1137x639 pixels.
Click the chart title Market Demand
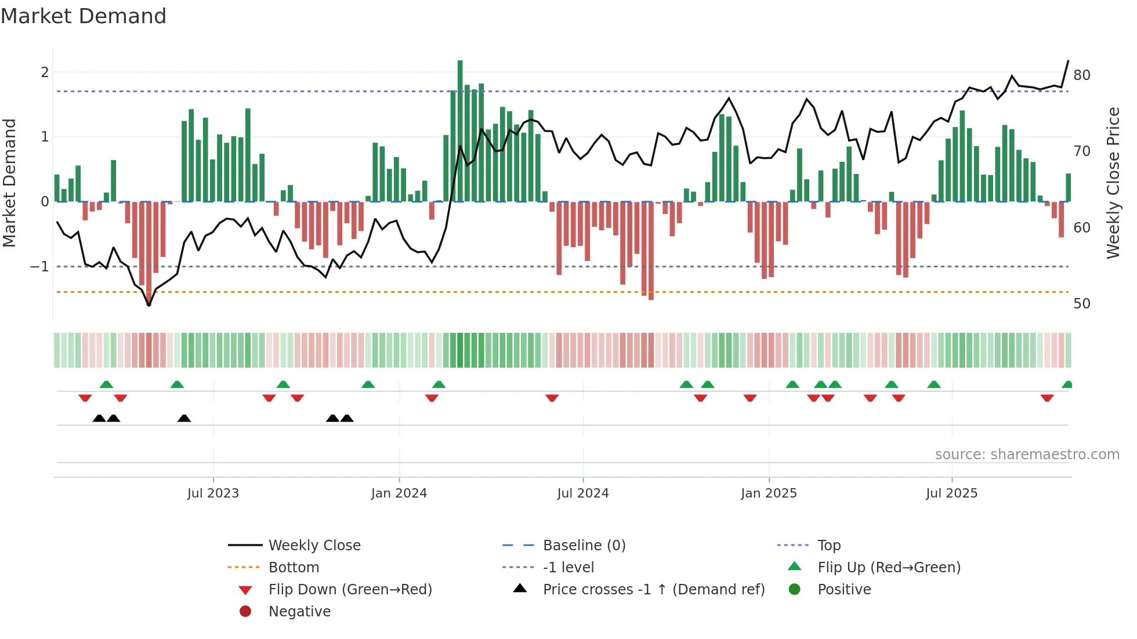[84, 16]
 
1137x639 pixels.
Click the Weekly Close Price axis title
[1113, 183]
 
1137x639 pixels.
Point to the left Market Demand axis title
[9, 183]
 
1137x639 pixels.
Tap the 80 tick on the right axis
[1081, 75]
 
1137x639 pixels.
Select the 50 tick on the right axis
[1081, 304]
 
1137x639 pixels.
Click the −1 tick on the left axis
[39, 267]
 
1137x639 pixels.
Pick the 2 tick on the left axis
[45, 72]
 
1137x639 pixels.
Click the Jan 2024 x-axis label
[399, 493]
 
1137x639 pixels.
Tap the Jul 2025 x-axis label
[951, 493]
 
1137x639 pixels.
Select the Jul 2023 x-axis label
[213, 493]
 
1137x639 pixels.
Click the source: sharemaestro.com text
[1027, 455]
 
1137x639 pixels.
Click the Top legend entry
[829, 546]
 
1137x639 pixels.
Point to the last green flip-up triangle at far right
[1067, 384]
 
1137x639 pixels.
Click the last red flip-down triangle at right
[1047, 398]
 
